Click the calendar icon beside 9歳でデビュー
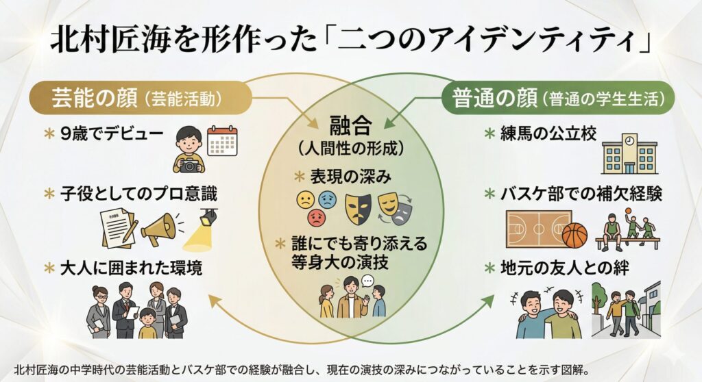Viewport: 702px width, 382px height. (222, 141)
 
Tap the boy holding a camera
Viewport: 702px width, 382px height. (189, 149)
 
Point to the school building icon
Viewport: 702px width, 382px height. (629, 154)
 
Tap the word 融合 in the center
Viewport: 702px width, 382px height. (350, 125)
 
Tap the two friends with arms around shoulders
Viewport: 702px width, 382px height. (546, 314)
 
